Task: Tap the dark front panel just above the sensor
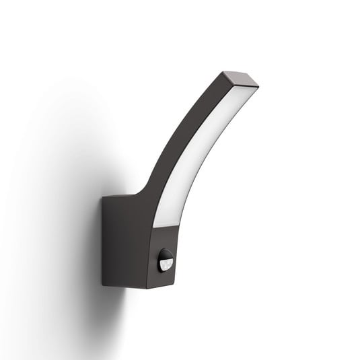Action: (164, 238)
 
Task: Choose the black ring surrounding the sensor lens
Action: (159, 259)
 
